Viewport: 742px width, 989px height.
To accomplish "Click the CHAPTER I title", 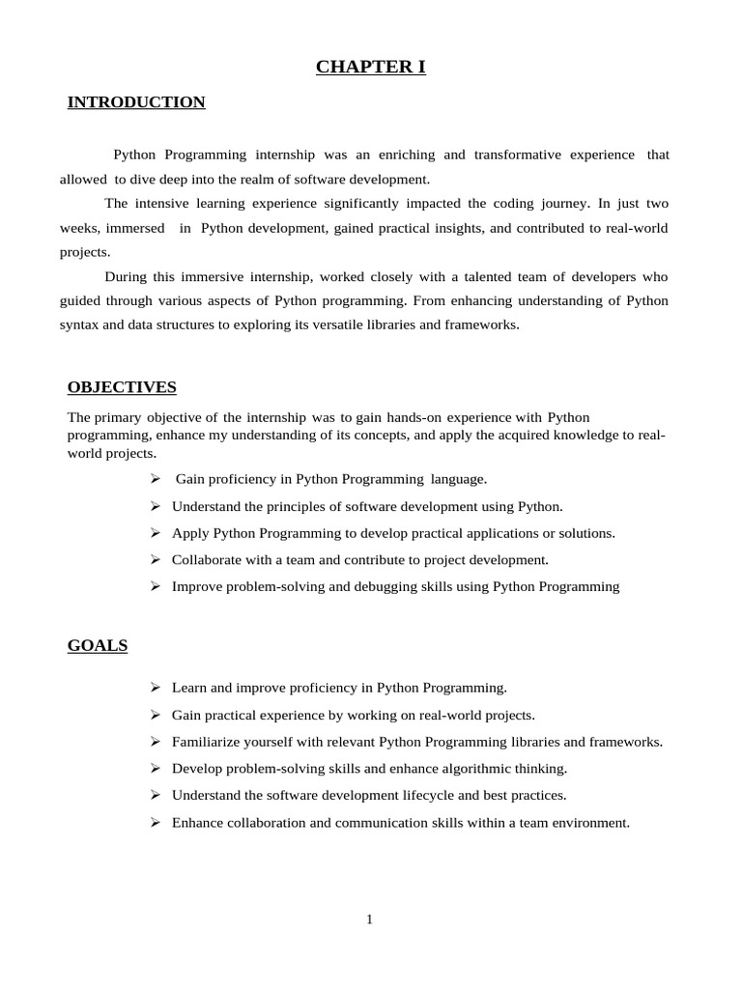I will tap(371, 67).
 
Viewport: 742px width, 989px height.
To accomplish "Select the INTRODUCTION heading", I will tap(136, 102).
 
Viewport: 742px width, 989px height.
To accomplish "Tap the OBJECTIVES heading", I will tap(122, 387).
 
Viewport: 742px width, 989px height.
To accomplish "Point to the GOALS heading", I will tap(98, 645).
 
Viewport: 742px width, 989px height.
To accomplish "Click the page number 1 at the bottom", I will tap(369, 919).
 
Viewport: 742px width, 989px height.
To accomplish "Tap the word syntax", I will tap(78, 325).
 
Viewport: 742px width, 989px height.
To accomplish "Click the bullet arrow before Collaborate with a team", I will tap(155, 559).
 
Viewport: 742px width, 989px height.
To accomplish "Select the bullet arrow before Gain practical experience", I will tap(155, 715).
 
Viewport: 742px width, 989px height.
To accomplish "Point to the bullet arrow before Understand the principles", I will tap(155, 505).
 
